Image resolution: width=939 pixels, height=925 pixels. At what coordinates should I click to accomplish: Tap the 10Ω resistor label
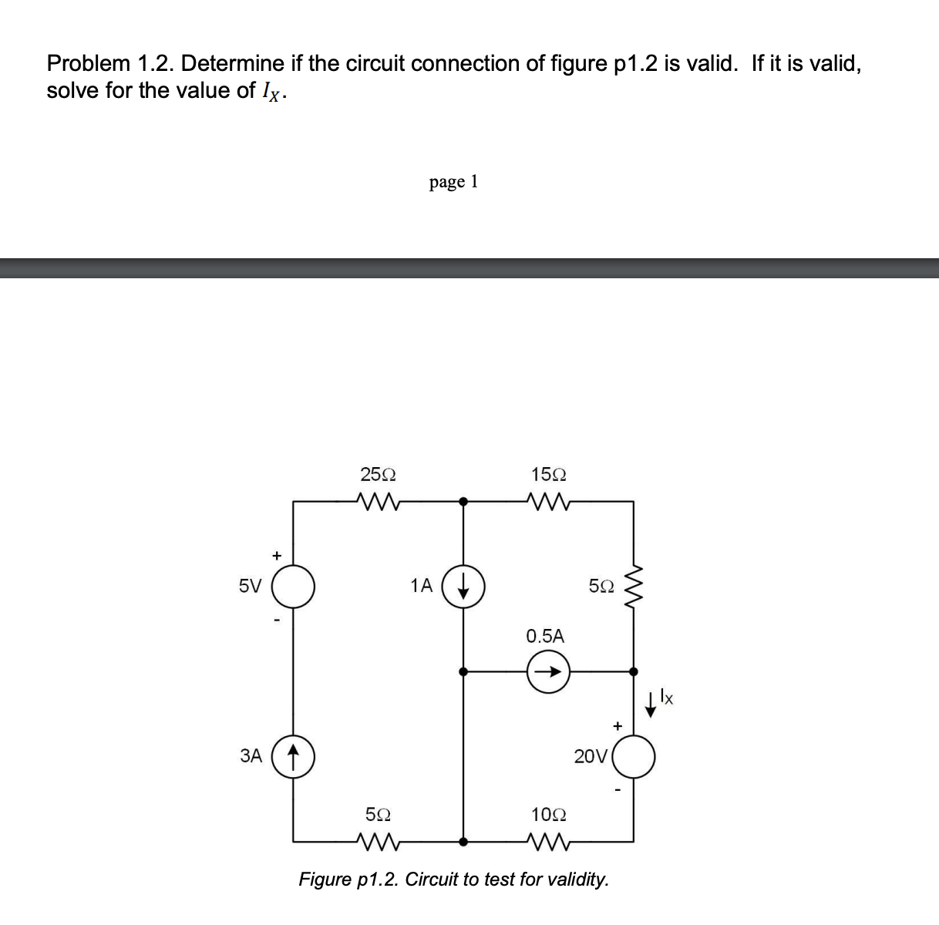click(549, 815)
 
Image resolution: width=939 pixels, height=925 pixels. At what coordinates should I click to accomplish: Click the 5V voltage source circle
click(293, 586)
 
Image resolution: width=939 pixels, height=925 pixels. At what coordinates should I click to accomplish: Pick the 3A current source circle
click(293, 755)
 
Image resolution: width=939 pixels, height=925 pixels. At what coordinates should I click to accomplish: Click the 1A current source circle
click(463, 586)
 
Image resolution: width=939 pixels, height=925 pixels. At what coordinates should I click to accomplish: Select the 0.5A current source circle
click(548, 671)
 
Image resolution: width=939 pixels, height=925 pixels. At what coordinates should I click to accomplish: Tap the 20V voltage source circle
click(634, 756)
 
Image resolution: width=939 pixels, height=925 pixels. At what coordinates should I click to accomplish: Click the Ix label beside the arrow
click(667, 698)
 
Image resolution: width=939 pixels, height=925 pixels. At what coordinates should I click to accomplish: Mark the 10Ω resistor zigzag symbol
click(549, 841)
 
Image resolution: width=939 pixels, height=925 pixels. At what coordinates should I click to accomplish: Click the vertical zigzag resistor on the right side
click(634, 586)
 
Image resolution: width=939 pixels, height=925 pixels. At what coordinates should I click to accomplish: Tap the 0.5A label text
click(545, 636)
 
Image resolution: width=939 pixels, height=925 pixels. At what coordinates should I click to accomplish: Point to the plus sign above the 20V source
click(617, 725)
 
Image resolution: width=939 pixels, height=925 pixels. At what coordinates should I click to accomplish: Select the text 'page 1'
click(454, 182)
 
